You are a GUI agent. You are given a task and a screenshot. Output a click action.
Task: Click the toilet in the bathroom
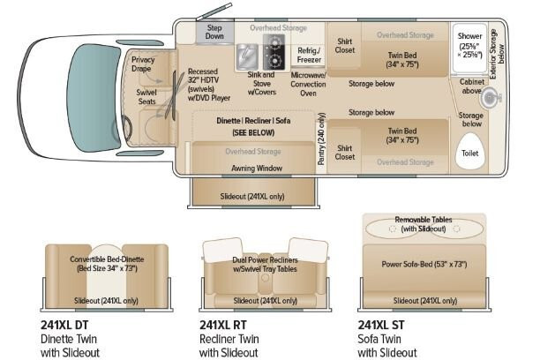[469, 151]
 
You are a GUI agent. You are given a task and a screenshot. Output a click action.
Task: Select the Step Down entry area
[215, 32]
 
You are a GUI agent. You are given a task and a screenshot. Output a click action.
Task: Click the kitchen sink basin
[247, 56]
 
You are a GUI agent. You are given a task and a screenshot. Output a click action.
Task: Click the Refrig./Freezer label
[309, 55]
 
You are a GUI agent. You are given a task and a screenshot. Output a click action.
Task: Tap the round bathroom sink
[490, 97]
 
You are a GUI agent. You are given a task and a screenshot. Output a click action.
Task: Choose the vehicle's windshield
[93, 98]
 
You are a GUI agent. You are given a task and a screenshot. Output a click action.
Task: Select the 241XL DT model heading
[64, 325]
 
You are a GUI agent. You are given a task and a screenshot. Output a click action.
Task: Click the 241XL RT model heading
[223, 325]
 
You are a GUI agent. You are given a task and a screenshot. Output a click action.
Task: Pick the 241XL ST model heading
[381, 325]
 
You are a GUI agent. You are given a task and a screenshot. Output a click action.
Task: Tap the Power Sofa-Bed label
[424, 264]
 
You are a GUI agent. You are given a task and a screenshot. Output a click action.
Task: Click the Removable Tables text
[424, 220]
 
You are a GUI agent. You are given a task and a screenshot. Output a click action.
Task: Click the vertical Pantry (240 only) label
[322, 139]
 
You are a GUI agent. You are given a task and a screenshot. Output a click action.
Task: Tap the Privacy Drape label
[143, 64]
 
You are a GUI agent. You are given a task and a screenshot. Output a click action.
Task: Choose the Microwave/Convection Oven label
[308, 84]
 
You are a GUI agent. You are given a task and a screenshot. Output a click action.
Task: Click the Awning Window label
[257, 169]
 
